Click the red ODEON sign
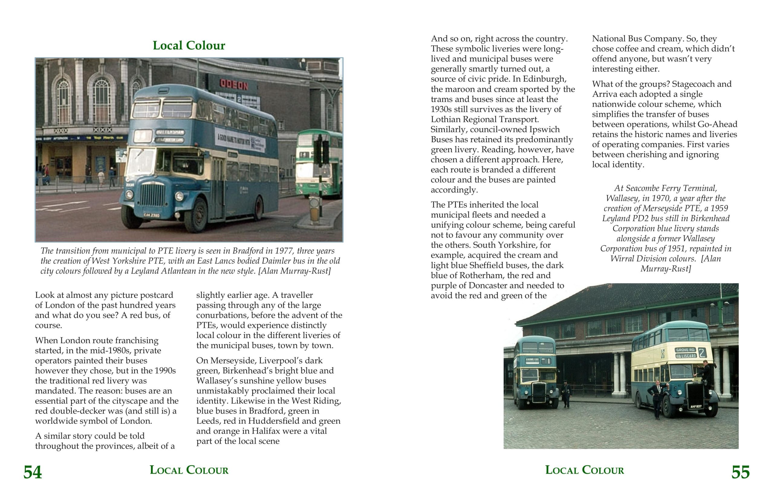[x=234, y=85]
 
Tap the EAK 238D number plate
[x=152, y=215]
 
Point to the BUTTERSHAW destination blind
[x=170, y=132]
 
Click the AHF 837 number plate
[x=696, y=407]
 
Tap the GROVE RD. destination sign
[x=685, y=350]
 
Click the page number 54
[x=32, y=472]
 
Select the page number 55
[x=740, y=472]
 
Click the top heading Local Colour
[x=189, y=45]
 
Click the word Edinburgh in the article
[x=545, y=79]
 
